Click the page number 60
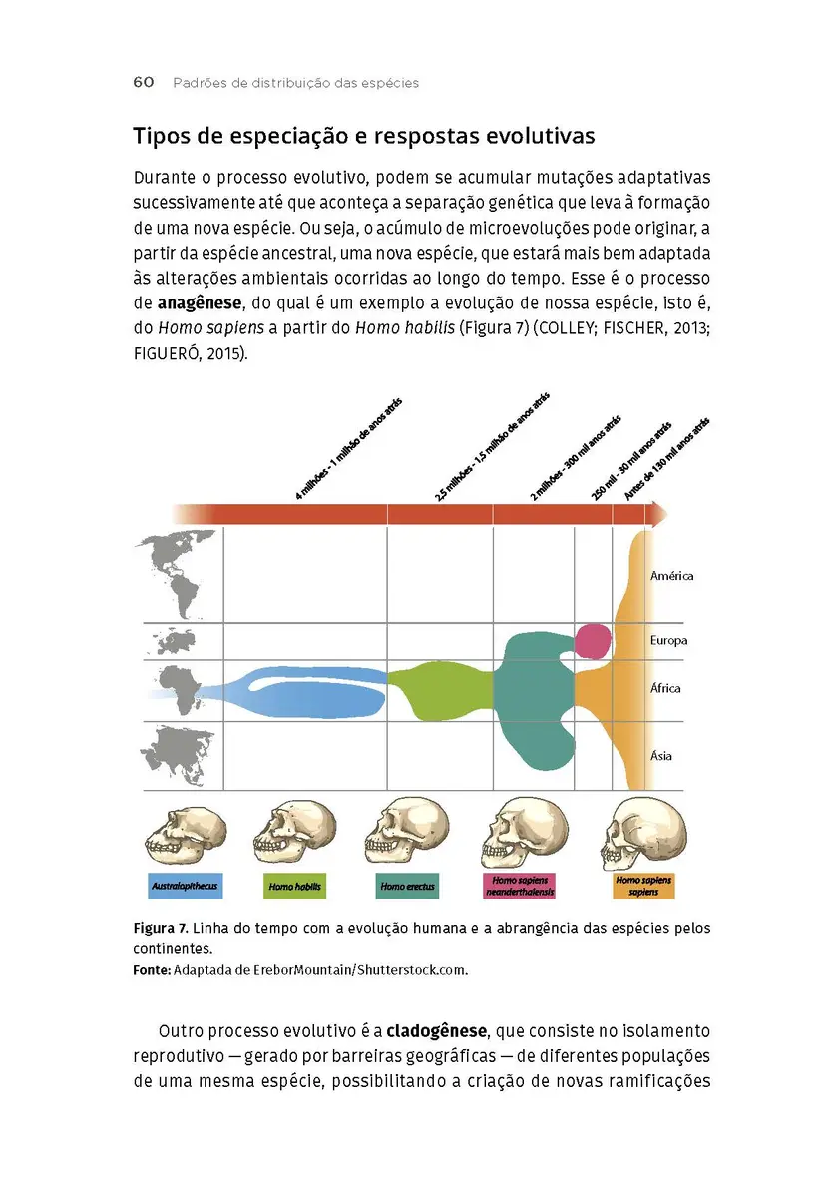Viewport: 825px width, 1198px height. (143, 83)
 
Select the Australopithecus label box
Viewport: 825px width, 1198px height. (185, 886)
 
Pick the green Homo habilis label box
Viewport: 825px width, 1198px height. (295, 886)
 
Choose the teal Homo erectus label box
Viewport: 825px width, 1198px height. (407, 886)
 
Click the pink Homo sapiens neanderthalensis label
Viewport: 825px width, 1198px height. (522, 886)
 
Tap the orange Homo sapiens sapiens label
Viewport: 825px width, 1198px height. (643, 886)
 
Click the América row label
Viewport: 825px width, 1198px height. (671, 576)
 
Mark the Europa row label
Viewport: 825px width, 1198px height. (668, 641)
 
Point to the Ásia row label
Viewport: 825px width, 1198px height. (661, 756)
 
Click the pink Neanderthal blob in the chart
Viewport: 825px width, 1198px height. (594, 640)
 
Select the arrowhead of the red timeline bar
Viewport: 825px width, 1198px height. (658, 513)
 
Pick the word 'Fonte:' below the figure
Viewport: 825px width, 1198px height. (152, 969)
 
